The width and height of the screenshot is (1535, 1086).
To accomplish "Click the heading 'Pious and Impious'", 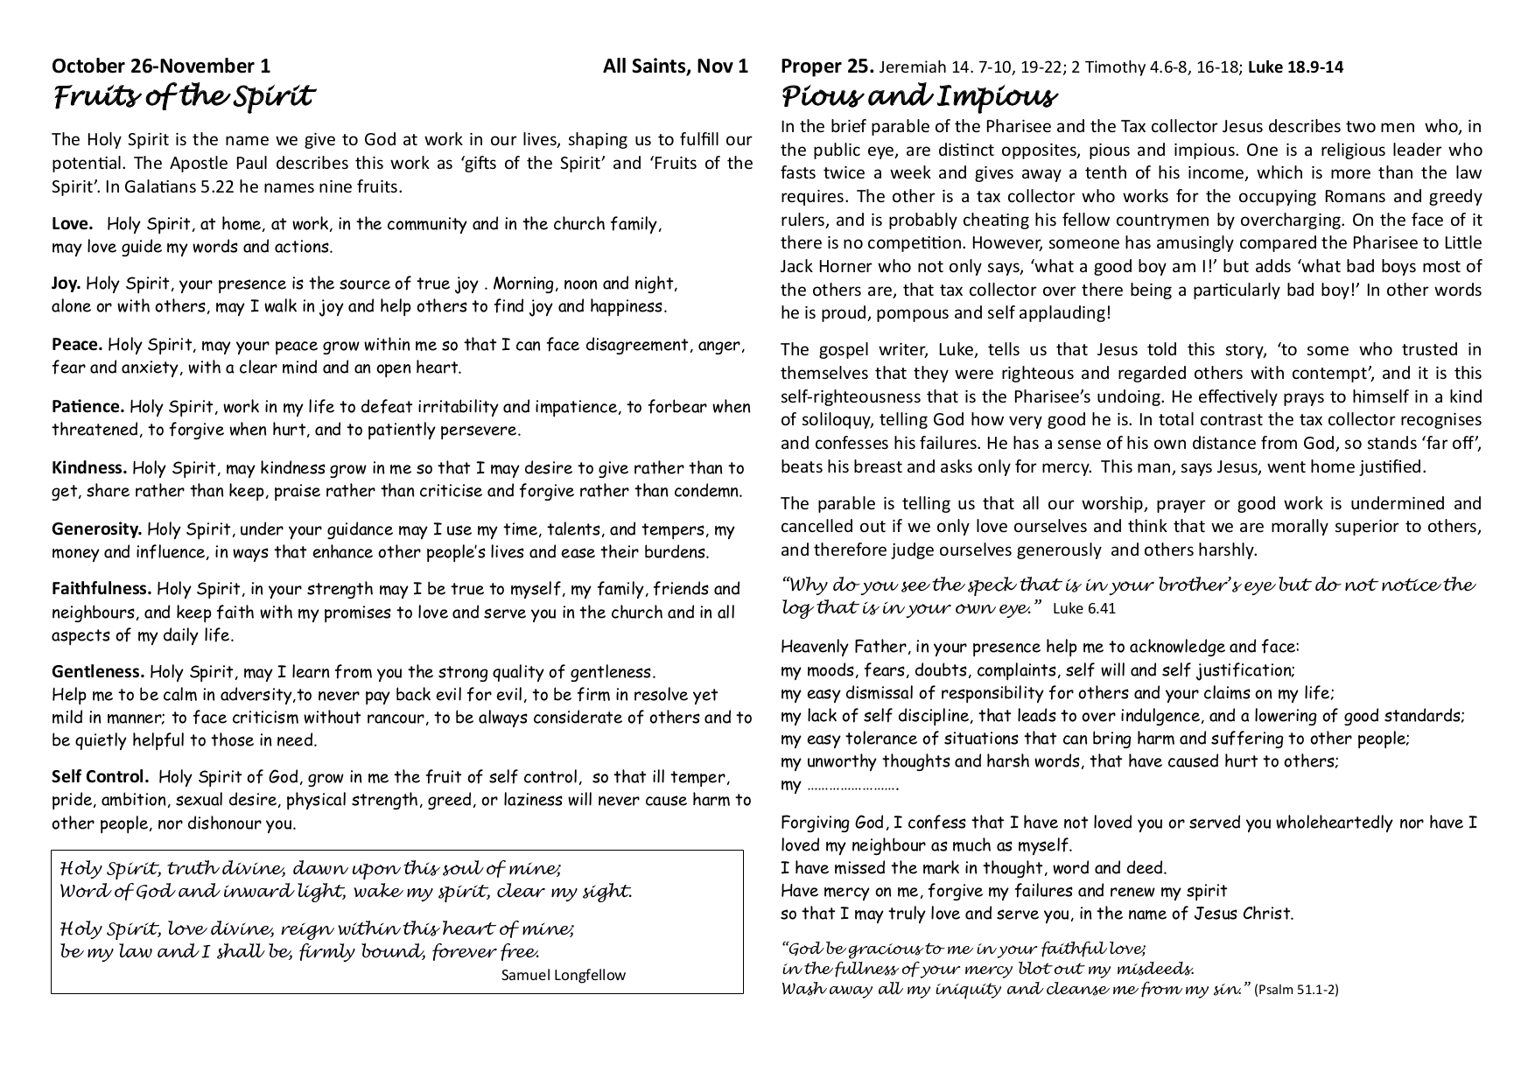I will tap(918, 96).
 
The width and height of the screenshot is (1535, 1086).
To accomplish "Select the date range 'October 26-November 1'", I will tap(161, 66).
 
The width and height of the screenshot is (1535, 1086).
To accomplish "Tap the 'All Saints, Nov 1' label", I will tap(675, 66).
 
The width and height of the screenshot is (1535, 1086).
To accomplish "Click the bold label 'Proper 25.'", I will tap(826, 66).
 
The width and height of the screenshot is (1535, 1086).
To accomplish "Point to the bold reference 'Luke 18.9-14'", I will tap(1295, 67).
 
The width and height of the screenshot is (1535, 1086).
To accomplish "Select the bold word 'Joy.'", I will tap(67, 284).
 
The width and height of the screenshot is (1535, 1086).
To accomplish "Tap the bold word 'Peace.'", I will tap(77, 345).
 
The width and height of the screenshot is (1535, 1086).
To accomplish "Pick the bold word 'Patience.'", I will tap(88, 407).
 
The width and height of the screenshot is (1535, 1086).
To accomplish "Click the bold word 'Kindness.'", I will tap(89, 468).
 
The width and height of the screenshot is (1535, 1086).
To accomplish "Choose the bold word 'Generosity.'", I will tap(97, 529).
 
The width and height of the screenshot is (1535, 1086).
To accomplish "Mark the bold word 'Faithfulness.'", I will tap(102, 589).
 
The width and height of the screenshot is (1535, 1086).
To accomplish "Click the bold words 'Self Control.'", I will tap(100, 777).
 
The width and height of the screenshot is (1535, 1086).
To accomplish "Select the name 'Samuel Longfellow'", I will tap(563, 975).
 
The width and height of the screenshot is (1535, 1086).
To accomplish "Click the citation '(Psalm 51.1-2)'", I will tap(1296, 990).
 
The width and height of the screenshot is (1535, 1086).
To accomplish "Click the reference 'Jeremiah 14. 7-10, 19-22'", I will tap(966, 67).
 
